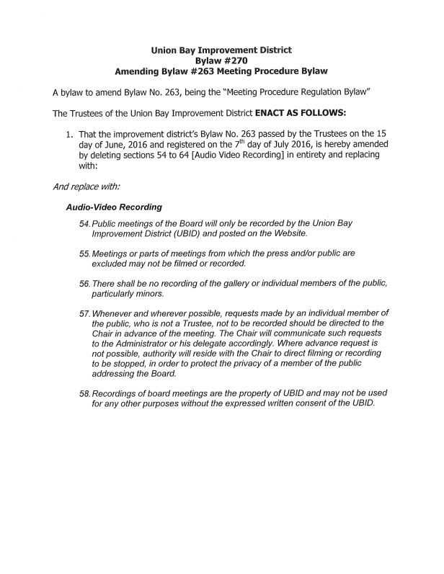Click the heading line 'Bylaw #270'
click(x=221, y=61)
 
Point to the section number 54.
click(x=84, y=224)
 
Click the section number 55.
click(x=84, y=254)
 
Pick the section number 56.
click(x=84, y=284)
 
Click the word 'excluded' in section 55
click(x=111, y=264)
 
